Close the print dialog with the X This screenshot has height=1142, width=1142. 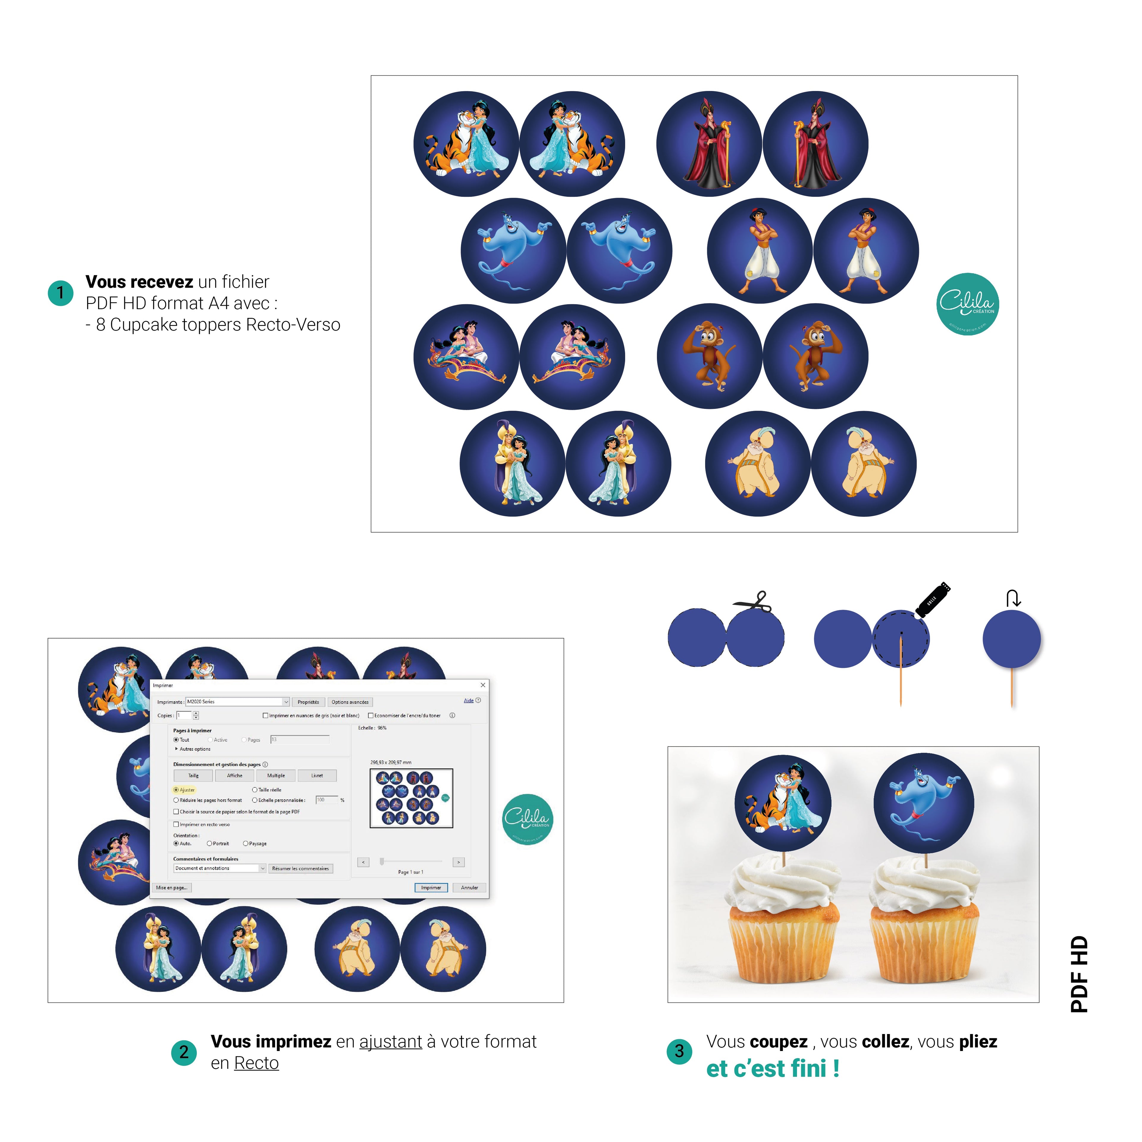tap(483, 685)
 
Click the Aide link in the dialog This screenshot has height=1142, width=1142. tap(468, 700)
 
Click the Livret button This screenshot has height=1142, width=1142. tap(317, 776)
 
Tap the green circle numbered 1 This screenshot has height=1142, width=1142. tap(60, 293)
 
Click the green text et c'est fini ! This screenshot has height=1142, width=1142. tap(773, 1069)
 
